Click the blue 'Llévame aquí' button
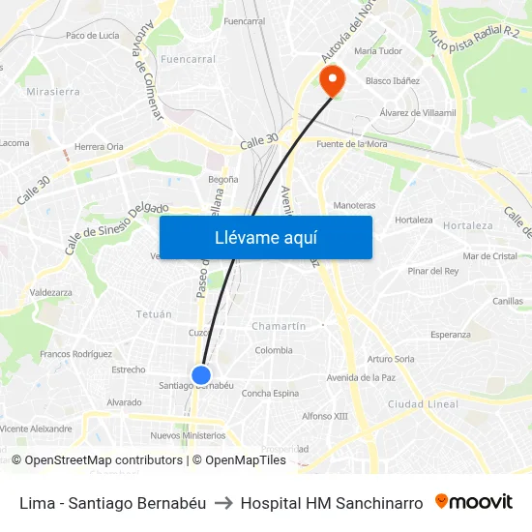265,237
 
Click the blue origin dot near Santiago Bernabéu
201,375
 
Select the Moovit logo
474,502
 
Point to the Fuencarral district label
188,59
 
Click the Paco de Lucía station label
93,35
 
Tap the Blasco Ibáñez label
393,81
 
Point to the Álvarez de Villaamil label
418,113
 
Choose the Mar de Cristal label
489,256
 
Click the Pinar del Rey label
432,271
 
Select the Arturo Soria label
391,359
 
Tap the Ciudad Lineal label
423,403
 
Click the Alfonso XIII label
324,416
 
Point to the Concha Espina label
270,393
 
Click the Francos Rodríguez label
76,354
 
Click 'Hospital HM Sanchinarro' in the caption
331,503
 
